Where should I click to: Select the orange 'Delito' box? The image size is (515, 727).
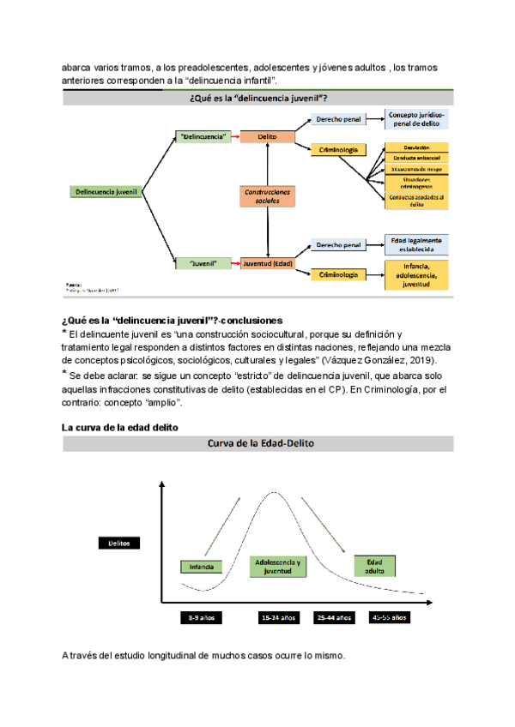pyautogui.click(x=267, y=136)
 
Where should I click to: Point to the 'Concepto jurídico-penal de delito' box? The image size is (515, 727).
pyautogui.click(x=416, y=119)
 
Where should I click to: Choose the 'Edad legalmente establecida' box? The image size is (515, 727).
pyautogui.click(x=416, y=244)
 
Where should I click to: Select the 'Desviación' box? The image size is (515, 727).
pyautogui.click(x=416, y=147)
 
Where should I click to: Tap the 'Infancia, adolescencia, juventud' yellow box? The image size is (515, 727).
pyautogui.click(x=416, y=276)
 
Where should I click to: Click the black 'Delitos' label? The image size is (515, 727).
pyautogui.click(x=118, y=543)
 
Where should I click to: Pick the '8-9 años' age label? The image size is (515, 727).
pyautogui.click(x=203, y=617)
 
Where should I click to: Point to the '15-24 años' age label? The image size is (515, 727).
pyautogui.click(x=279, y=617)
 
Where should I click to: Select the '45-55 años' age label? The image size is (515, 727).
pyautogui.click(x=390, y=617)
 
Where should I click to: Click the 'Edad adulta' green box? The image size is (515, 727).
pyautogui.click(x=375, y=566)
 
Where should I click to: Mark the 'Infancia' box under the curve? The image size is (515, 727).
pyautogui.click(x=203, y=567)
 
